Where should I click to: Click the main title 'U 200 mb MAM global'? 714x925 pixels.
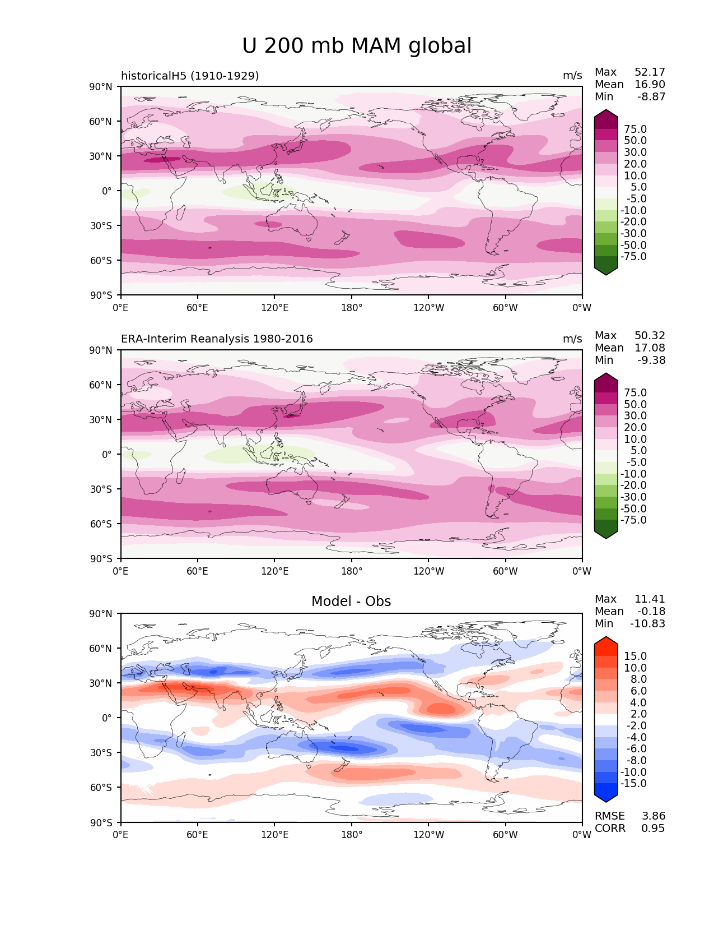point(357,46)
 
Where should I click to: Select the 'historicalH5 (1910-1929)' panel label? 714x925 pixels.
point(190,76)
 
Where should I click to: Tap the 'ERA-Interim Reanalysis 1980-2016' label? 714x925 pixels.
point(217,339)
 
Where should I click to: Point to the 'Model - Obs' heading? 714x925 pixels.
point(351,602)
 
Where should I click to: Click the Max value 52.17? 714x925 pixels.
point(650,72)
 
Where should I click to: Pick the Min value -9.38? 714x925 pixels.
point(651,360)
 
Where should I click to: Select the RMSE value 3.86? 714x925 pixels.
point(654,816)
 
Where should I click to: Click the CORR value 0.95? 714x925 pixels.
point(654,829)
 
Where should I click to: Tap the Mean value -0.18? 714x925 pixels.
point(651,612)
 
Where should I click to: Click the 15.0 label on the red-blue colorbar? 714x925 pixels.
point(635,656)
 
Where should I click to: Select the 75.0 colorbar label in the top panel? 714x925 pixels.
point(635,129)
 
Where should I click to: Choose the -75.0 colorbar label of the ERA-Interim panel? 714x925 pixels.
point(633,520)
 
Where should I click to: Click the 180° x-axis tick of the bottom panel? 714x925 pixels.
point(352,835)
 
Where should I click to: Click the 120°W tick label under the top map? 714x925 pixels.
point(429,308)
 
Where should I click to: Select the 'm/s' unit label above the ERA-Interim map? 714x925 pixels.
point(572,339)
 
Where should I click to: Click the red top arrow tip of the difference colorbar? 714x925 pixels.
point(606,640)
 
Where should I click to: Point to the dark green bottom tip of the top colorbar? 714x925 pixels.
point(606,272)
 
